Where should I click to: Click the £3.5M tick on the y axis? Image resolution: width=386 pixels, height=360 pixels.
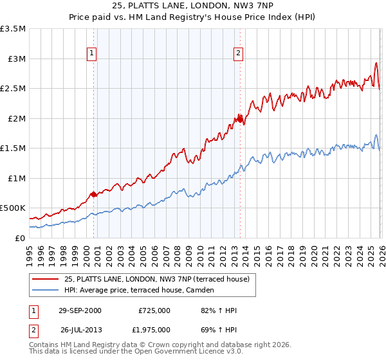13,29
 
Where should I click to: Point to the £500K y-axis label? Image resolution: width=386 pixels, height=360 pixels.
13,208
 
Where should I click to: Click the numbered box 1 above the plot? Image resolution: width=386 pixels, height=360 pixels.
92,53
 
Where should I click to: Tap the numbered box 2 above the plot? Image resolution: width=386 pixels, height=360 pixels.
239,53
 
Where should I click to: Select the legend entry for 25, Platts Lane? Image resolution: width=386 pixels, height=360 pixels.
161,279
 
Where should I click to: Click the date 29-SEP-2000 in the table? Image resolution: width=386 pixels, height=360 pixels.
78,310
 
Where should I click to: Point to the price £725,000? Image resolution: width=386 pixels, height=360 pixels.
154,310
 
